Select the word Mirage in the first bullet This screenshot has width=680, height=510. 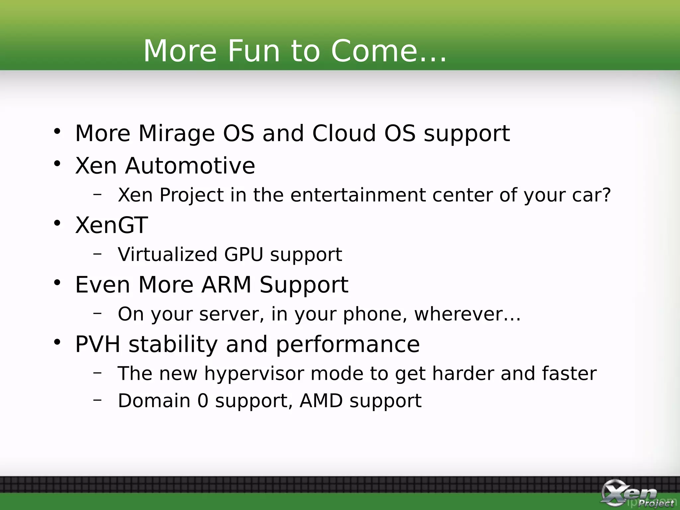point(176,134)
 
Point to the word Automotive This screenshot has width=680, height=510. point(190,166)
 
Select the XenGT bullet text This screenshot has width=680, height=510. point(112,225)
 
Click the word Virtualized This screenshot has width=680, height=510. point(168,255)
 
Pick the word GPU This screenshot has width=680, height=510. point(244,255)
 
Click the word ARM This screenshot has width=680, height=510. point(226,285)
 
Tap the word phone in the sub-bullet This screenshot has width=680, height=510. point(375,314)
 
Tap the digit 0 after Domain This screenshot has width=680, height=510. point(203,401)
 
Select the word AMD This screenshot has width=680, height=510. point(321,401)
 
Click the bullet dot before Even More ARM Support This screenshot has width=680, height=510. point(57,283)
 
